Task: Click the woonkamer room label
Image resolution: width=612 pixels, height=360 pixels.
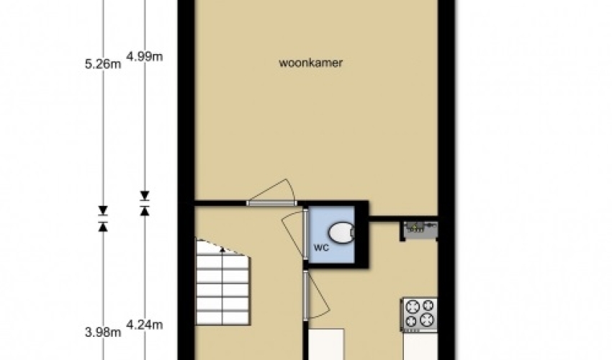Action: click(311, 63)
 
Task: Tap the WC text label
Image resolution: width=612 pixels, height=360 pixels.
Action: click(321, 248)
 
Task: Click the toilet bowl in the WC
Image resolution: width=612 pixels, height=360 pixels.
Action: click(341, 233)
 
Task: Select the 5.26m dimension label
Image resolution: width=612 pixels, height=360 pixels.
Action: click(103, 63)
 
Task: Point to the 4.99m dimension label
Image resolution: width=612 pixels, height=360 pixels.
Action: click(145, 57)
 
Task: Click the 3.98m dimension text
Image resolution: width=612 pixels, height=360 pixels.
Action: click(103, 332)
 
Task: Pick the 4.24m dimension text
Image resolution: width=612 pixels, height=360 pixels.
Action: click(145, 325)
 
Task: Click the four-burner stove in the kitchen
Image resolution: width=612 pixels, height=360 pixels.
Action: click(419, 315)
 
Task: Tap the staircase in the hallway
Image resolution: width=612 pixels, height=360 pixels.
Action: click(222, 282)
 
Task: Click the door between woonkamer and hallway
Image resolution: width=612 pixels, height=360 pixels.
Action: click(272, 202)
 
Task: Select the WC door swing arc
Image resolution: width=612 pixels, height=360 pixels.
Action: click(293, 235)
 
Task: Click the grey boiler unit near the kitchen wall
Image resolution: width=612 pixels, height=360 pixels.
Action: click(420, 228)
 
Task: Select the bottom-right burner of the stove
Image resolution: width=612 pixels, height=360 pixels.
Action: click(428, 321)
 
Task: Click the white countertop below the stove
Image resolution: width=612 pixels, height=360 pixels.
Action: click(420, 346)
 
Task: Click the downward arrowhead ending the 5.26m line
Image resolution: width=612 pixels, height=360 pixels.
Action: click(103, 210)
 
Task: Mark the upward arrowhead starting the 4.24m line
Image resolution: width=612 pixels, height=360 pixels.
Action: click(145, 211)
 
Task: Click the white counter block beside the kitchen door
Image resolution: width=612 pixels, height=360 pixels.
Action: click(326, 344)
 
